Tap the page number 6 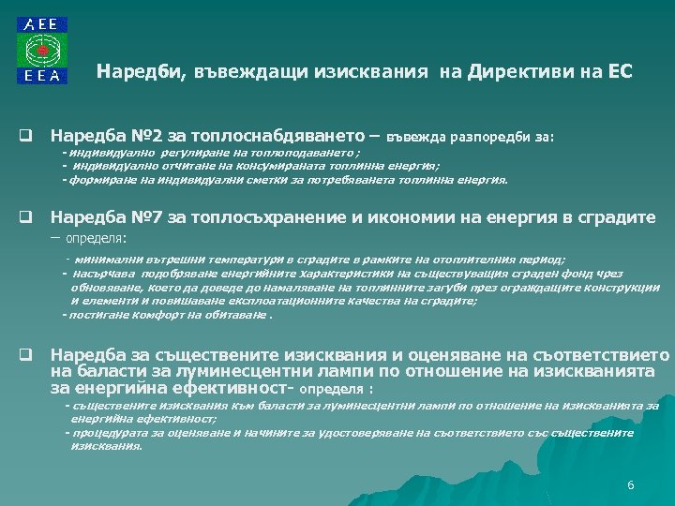pos(631,484)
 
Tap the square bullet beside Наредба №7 pos(29,218)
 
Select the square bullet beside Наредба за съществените pos(29,356)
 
